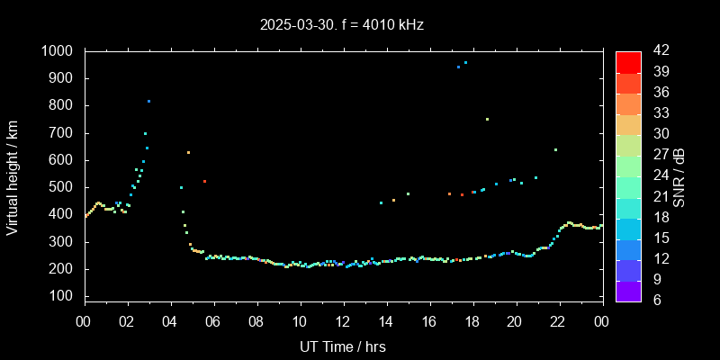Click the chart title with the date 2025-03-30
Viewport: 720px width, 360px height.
tap(341, 24)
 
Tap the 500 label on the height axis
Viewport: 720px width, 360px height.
tap(62, 187)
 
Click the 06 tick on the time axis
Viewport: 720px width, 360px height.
tap(213, 322)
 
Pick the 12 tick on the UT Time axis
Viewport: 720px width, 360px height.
tap(343, 322)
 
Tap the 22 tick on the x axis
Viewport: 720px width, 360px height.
tap(559, 322)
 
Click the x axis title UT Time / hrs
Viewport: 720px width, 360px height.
tap(343, 346)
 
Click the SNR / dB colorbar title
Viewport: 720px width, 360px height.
tap(679, 176)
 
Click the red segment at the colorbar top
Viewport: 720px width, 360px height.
tap(628, 61)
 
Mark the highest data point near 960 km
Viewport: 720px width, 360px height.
tap(465, 63)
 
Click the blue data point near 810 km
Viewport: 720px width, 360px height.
tap(148, 102)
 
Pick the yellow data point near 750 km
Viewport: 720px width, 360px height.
tap(487, 119)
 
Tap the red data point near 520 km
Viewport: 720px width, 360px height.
tap(205, 182)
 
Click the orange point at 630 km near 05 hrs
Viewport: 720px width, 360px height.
tap(188, 153)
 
